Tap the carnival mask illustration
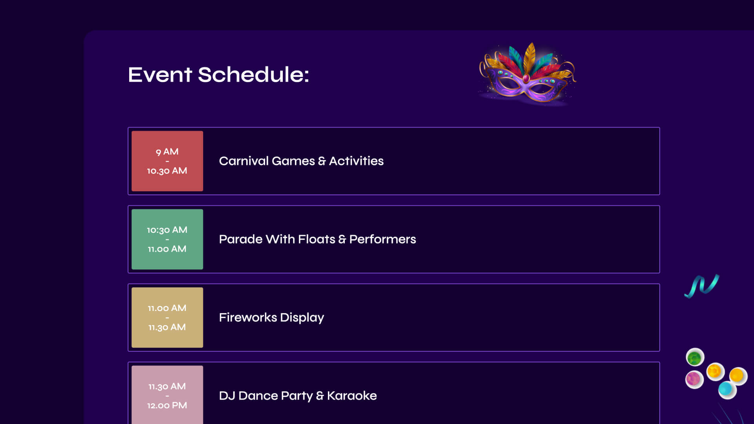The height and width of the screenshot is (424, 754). point(527,74)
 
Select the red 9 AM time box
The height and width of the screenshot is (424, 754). point(167,161)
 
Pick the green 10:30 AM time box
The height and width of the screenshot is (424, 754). point(167,239)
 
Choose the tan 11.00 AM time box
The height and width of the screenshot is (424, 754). point(167,317)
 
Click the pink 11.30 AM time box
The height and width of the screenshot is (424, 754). point(167,395)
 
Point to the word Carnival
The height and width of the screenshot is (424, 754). point(243,161)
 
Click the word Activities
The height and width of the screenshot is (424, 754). point(356,161)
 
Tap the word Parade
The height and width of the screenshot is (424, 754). point(241,239)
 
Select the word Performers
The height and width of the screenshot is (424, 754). point(382,239)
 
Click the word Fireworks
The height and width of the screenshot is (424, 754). point(248,317)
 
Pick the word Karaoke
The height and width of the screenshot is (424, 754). point(352,395)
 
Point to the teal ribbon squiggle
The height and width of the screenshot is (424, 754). point(702,286)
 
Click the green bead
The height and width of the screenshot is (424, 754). point(695,358)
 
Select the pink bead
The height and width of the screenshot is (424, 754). point(694,379)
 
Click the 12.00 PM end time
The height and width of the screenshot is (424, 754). point(167,405)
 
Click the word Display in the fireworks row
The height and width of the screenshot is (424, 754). point(302,318)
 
